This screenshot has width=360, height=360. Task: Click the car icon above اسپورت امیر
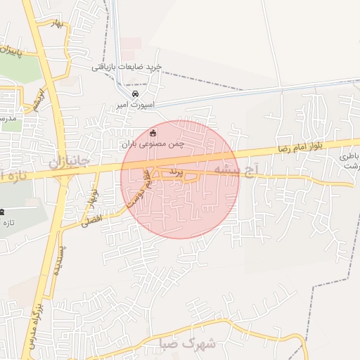pos(136,94)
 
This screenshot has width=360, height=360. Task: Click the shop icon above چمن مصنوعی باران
pos(153,133)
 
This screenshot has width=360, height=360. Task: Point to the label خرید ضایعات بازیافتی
pos(127,67)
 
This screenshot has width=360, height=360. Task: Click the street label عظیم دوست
pos(139,186)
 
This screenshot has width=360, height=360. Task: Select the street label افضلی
pos(91,220)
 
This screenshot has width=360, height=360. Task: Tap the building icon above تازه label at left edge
pos(2,212)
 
